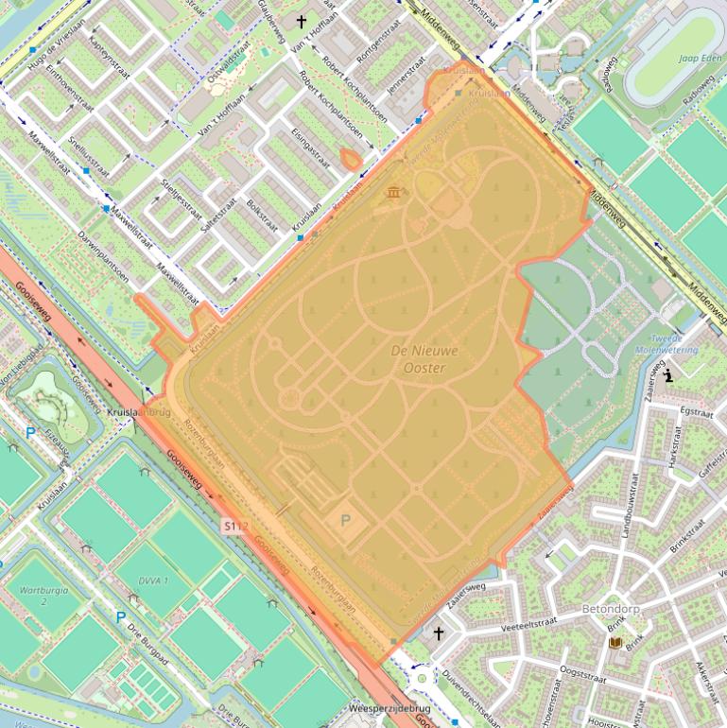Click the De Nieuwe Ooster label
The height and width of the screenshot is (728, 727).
click(424, 358)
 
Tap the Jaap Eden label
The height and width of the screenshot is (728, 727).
click(701, 58)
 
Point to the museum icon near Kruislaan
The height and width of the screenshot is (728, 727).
click(392, 193)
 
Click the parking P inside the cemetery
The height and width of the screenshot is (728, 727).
click(345, 520)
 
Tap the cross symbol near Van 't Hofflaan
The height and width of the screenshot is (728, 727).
click(303, 21)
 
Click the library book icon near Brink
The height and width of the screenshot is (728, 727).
click(615, 643)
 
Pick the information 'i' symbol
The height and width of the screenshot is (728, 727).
click(668, 375)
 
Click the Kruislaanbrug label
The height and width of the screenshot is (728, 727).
click(138, 413)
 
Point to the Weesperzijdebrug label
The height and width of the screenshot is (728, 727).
click(389, 708)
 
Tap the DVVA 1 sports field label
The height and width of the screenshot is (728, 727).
click(153, 580)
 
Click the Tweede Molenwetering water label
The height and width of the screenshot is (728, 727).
click(674, 343)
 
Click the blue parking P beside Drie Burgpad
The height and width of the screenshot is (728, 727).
click(120, 617)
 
